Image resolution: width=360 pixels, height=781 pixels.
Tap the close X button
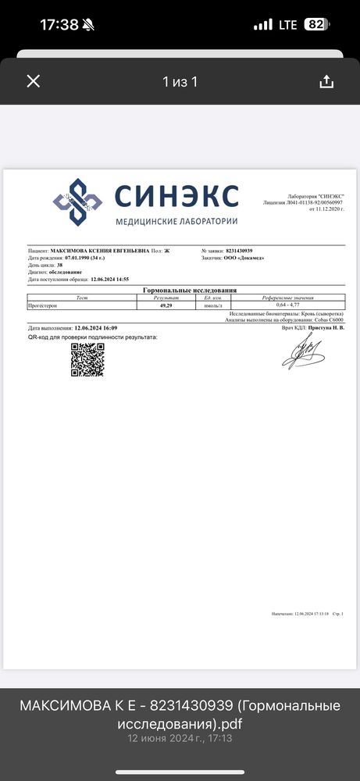(33, 81)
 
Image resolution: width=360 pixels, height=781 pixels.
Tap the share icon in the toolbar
(326, 81)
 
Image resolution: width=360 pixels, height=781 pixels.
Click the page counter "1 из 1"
(180, 81)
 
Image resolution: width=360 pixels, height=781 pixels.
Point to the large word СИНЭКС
(176, 195)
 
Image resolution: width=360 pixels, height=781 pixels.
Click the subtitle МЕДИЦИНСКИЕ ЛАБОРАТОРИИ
(176, 221)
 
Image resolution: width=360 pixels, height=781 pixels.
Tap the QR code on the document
(87, 359)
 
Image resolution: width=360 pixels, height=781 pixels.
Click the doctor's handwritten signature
(303, 355)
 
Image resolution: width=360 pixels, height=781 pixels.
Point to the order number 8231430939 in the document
(238, 251)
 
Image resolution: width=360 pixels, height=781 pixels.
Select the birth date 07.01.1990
(80, 258)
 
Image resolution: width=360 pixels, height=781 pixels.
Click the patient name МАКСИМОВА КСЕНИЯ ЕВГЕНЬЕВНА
(100, 251)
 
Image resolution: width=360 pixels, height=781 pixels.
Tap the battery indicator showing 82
(315, 24)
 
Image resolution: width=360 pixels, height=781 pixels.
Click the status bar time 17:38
(59, 24)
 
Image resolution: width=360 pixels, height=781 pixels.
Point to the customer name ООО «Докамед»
(247, 258)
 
